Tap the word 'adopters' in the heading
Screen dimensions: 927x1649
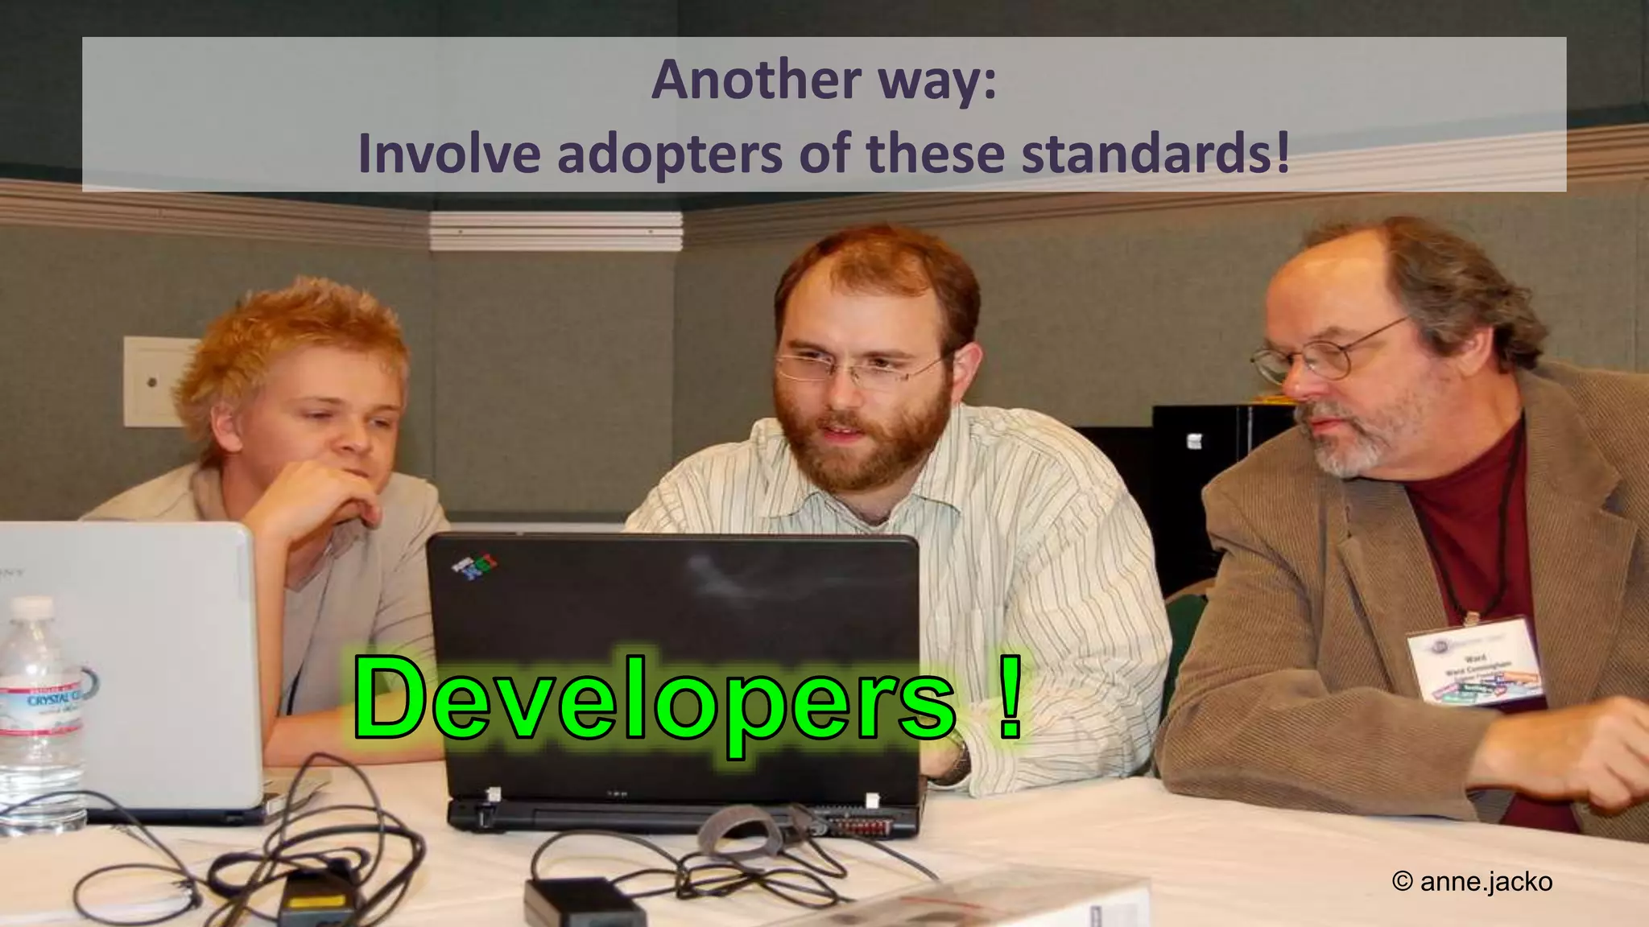tap(669, 153)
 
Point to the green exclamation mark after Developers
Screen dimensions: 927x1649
tap(1009, 698)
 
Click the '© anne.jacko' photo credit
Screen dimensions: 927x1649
tap(1472, 882)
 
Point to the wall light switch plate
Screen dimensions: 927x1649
tap(153, 381)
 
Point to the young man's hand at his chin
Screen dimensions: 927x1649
tap(322, 491)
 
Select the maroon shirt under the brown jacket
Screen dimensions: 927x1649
tap(1473, 515)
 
